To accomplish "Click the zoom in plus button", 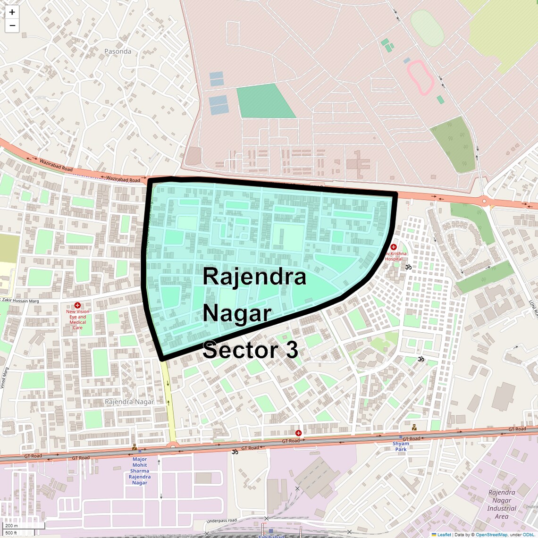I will point(12,12).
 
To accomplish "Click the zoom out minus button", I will point(12,25).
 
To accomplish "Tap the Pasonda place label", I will point(118,51).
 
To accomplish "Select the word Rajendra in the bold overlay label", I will point(254,277).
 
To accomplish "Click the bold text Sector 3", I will point(250,350).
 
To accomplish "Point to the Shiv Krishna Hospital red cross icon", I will point(394,247).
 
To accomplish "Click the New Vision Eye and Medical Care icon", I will point(77,305).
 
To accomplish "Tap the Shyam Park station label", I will point(401,446).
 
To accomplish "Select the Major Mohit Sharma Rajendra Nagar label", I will point(140,471).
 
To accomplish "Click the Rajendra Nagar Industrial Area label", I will point(502,504).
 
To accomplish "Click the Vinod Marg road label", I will point(4,378).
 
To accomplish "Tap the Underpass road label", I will point(222,521).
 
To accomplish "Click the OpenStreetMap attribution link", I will point(491,535).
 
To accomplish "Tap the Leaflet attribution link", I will point(444,535).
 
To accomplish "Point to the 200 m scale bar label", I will point(11,526).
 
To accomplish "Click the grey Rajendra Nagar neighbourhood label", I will point(129,402).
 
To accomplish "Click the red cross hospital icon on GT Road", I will point(298,433).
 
